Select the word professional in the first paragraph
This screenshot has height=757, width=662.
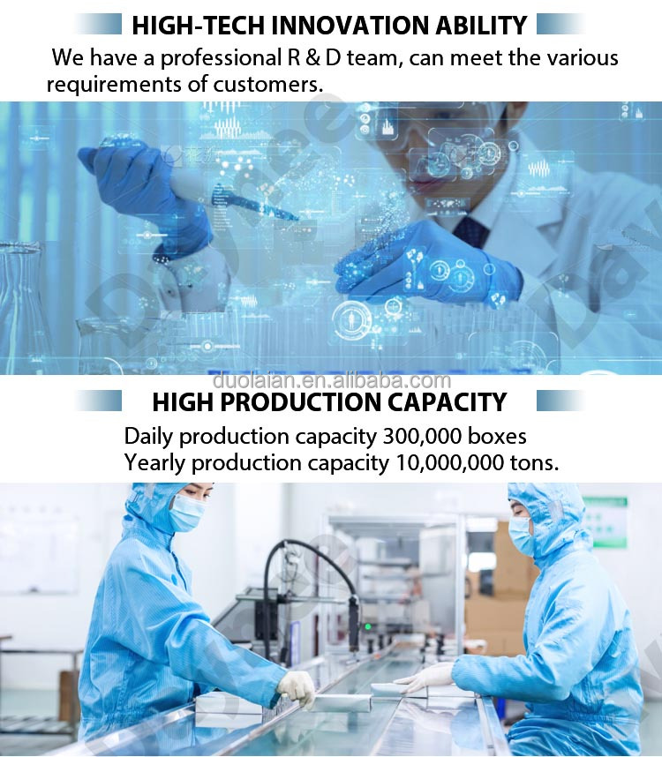[221, 58]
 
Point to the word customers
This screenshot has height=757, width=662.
[268, 85]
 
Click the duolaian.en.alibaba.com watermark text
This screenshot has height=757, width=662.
[332, 381]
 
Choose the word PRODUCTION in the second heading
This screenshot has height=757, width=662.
[301, 402]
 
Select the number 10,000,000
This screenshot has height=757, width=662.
[449, 463]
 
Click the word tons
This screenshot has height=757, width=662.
[535, 463]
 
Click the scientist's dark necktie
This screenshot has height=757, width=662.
[470, 232]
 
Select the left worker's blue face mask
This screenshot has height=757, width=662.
[187, 513]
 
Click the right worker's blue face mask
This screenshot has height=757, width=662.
[521, 535]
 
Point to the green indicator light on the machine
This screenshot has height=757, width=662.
[368, 627]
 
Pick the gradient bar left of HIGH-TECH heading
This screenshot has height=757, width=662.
[99, 24]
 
